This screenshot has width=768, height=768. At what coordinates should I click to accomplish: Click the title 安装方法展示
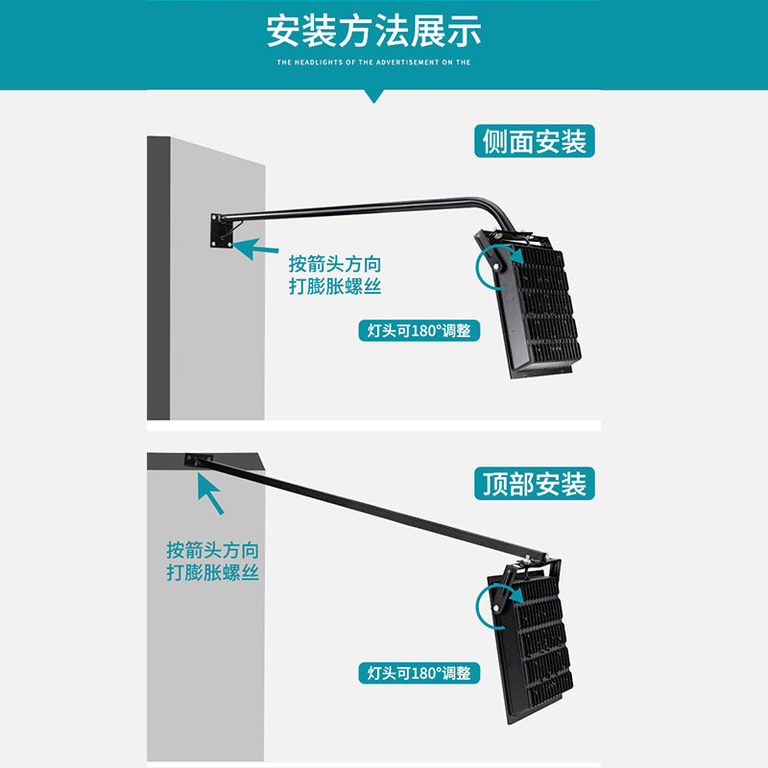tap(374, 31)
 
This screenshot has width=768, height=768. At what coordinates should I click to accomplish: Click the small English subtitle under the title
tap(373, 61)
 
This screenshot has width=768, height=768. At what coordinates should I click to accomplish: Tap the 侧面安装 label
tap(535, 142)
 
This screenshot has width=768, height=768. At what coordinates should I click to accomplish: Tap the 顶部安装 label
tap(535, 484)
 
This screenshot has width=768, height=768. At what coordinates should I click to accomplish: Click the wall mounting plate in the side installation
tap(221, 231)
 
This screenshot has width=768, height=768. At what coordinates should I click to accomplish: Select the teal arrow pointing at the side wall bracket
tap(255, 249)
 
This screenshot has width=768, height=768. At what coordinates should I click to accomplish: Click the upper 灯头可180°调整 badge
tap(420, 331)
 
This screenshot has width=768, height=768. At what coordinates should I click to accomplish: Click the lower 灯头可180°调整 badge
tap(420, 673)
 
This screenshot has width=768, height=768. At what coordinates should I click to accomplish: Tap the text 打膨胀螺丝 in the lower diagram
tap(212, 573)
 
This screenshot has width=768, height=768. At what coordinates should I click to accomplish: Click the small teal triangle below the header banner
tap(374, 96)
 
